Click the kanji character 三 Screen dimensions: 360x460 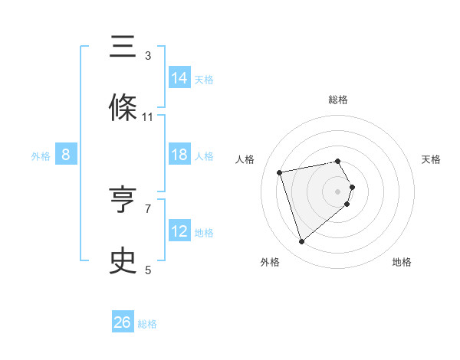pos(123,47)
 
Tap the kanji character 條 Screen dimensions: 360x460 pos(123,109)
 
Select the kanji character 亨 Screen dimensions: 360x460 pos(123,201)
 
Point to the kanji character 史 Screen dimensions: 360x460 pos(123,262)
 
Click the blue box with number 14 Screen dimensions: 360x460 pos(179,77)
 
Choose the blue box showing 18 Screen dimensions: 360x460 pos(179,155)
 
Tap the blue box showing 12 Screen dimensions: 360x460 pos(179,231)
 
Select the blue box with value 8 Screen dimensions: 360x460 pos(66,155)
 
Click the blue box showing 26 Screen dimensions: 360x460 pos(123,322)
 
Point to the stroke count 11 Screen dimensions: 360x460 pos(148,117)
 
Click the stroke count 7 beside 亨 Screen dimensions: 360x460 pos(148,208)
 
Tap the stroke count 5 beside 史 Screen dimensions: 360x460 pos(148,270)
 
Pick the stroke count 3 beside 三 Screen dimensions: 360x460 pos(148,56)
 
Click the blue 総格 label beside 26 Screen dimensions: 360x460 pos(147,324)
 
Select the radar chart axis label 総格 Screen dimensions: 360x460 pos(338,100)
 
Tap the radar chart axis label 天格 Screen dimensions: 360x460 pos(432,159)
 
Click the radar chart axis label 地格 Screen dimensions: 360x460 pos(402,262)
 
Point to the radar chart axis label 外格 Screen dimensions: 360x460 pos(270,262)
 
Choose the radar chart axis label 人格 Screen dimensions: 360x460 pos(245,159)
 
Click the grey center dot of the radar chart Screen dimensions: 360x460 pos(338,190)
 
